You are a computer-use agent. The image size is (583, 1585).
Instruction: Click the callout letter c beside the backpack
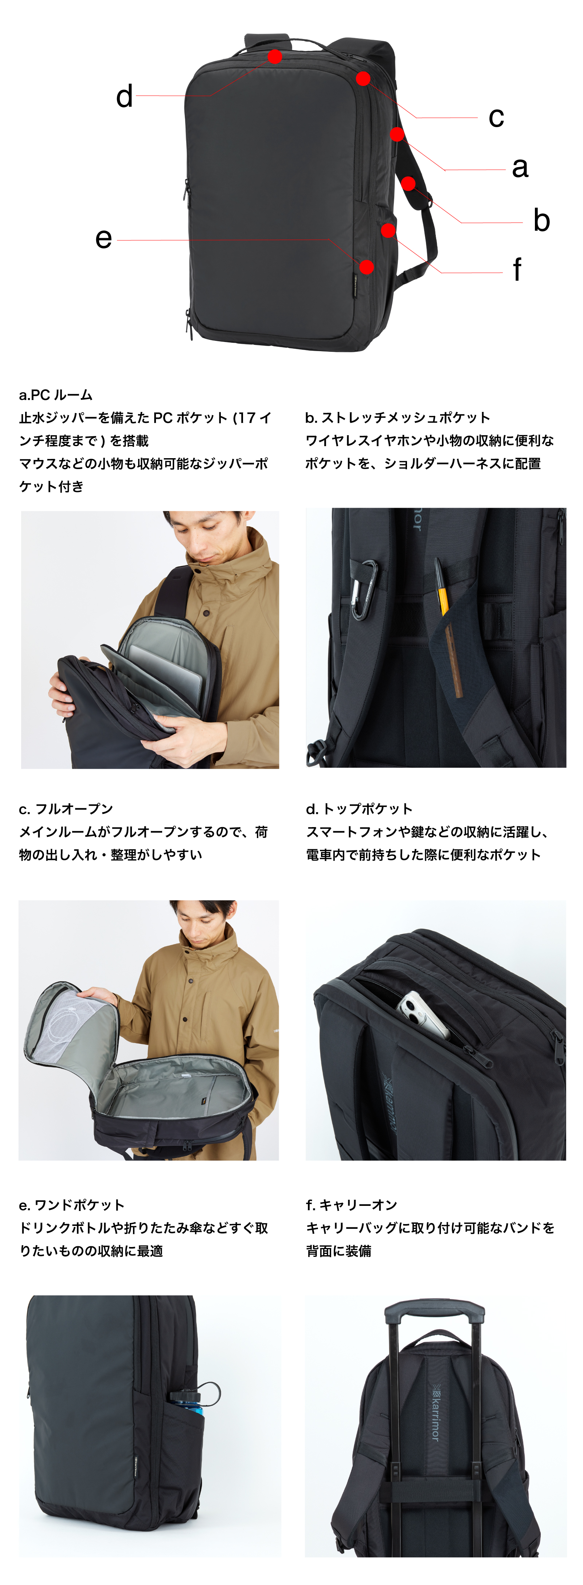(496, 118)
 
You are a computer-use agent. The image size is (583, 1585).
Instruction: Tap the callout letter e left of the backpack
(103, 239)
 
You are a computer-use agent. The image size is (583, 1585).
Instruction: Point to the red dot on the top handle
(275, 56)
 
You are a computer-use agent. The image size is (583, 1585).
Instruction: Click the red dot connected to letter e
(366, 267)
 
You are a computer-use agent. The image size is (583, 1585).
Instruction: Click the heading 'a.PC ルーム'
(55, 395)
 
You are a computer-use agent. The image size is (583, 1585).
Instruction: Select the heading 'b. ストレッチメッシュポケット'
(398, 418)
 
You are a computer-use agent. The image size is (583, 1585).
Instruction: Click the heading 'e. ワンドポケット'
(71, 1205)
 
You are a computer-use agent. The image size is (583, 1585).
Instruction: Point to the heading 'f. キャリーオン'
(352, 1205)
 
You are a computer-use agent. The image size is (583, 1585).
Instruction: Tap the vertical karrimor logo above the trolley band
(435, 1412)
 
